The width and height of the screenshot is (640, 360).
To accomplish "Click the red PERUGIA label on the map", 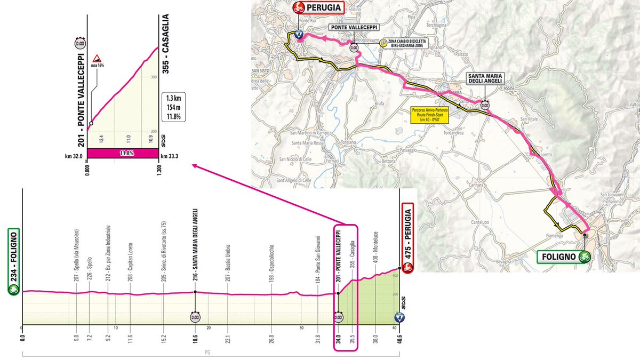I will [318, 8].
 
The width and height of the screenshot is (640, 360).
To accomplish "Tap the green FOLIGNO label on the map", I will [559, 256].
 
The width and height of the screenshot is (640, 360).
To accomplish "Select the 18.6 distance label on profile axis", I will [195, 337].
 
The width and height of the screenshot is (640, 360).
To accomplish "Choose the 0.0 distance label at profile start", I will [22, 337].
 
